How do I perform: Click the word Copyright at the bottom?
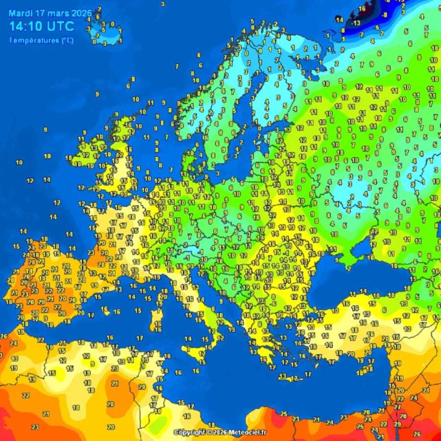tap(190, 433)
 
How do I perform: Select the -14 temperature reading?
tap(339, 20)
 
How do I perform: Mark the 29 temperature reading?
tap(397, 424)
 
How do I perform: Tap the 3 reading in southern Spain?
tap(46, 318)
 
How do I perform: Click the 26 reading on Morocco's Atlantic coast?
tap(3, 336)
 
